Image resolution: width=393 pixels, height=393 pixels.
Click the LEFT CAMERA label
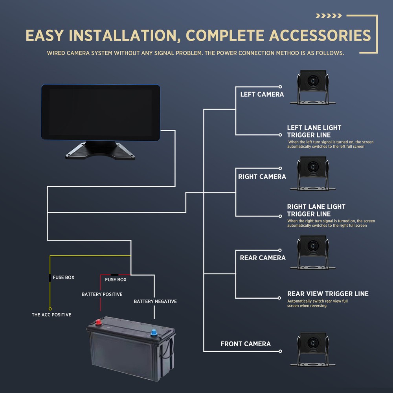pos(262,94)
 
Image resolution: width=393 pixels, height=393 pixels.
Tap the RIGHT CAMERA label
pos(262,177)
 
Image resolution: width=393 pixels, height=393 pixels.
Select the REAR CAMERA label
pos(263,258)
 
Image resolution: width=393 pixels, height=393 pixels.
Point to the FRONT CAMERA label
pos(246,344)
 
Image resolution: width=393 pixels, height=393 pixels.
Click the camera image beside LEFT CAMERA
pos(313,87)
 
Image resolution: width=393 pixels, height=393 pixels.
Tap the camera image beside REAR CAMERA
pos(313,252)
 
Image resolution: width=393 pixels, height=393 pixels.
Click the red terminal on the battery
pos(98,323)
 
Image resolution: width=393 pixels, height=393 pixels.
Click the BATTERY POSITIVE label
pos(102,294)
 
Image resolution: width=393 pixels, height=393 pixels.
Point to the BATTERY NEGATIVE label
pos(155,301)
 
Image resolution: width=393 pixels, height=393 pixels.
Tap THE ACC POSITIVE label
pos(51,315)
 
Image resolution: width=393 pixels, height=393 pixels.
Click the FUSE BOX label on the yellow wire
pos(64,277)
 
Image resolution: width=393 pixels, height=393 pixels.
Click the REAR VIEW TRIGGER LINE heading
pos(328,294)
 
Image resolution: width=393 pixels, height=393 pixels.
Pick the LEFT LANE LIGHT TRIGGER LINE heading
pos(314,131)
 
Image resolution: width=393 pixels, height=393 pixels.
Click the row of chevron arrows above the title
pos(329,16)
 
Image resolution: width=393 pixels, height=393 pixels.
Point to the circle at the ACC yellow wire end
pos(50,309)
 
